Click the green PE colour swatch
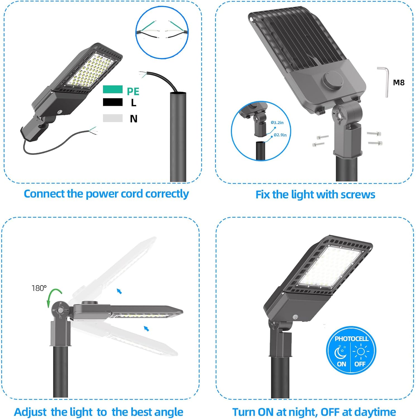(113, 89)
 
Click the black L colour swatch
(113, 102)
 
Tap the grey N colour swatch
(113, 118)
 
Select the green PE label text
(133, 91)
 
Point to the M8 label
(398, 83)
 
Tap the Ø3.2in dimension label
(277, 123)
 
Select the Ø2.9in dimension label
(280, 135)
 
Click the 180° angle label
(39, 288)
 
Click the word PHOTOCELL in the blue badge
(352, 339)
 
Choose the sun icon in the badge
(361, 351)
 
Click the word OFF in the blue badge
(360, 364)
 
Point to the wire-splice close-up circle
(162, 32)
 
